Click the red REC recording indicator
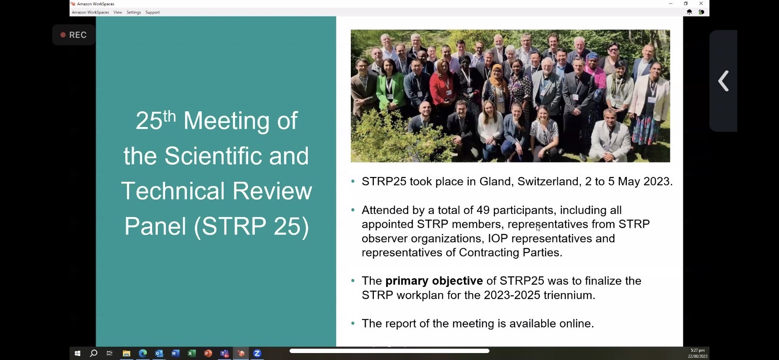coord(73,35)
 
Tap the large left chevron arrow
coord(723,81)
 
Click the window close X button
coord(701,3)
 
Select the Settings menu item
coord(133,12)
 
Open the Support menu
coord(153,12)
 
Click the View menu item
coord(117,12)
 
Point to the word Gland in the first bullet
coord(495,181)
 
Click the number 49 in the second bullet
coord(483,210)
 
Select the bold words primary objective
coord(434,281)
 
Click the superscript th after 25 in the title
coord(169,116)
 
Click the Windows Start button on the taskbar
coord(77,353)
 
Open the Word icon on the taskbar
coord(175,353)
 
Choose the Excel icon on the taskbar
coord(192,353)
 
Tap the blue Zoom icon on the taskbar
coord(257,353)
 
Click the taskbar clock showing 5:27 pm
coord(697,350)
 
